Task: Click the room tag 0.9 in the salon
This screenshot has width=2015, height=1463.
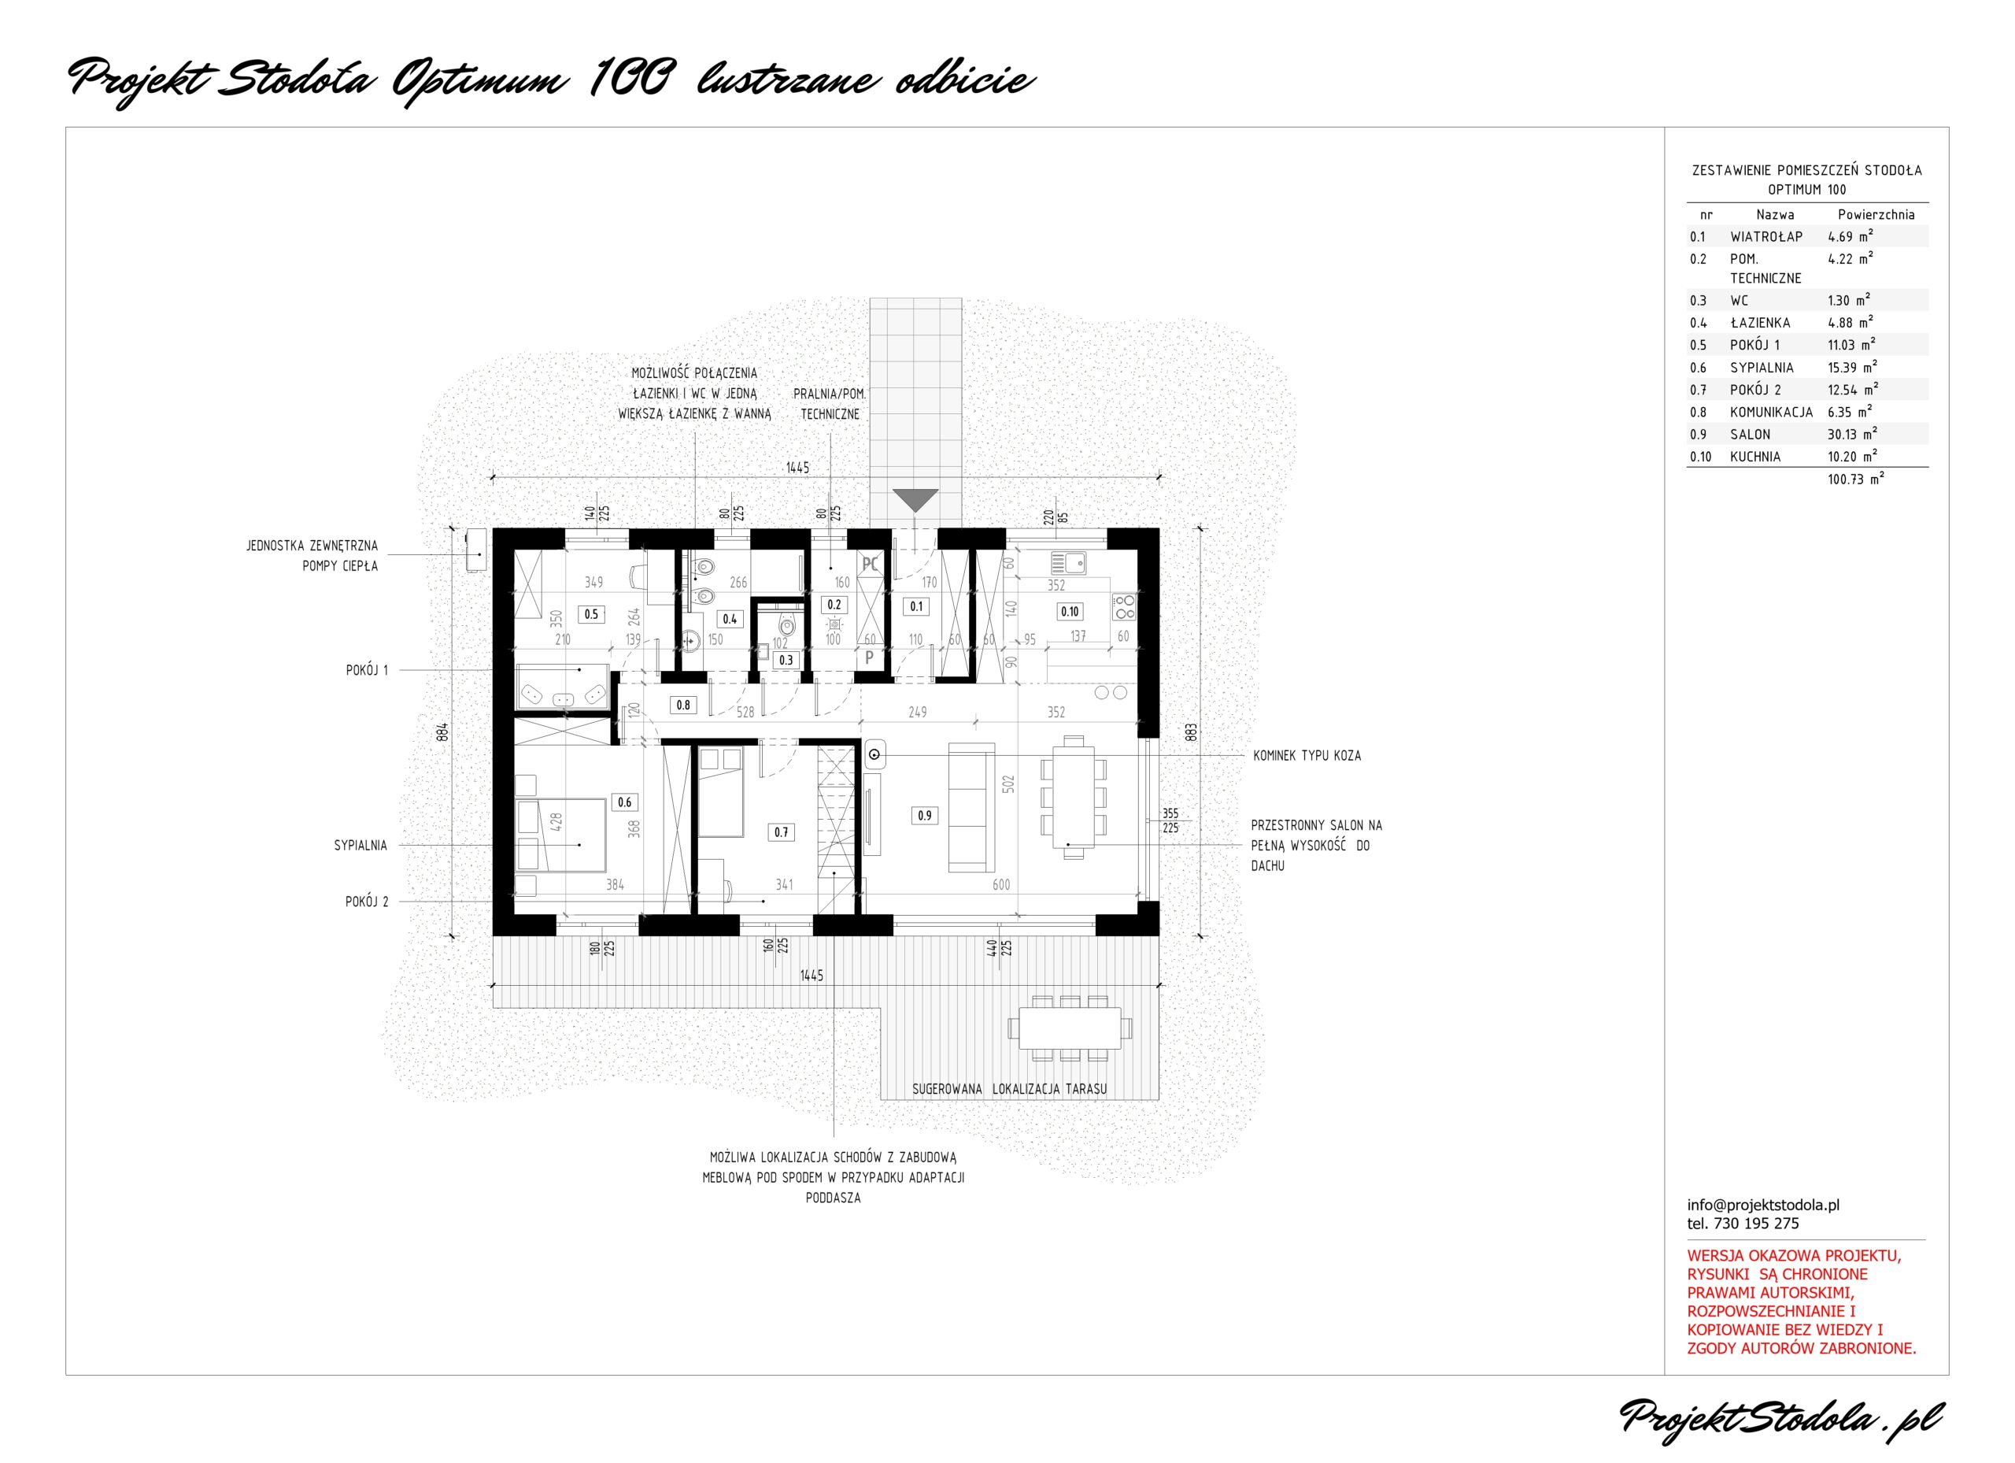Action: [x=925, y=815]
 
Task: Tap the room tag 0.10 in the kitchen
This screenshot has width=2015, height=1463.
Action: [x=1070, y=612]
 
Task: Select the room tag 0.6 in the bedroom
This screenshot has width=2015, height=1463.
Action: [x=625, y=802]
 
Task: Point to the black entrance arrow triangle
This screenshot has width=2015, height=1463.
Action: [x=915, y=499]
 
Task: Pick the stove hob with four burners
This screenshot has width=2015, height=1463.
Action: [x=1124, y=607]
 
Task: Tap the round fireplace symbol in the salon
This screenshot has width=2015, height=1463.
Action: [x=875, y=754]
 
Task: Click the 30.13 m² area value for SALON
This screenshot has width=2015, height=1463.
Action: [x=1852, y=434]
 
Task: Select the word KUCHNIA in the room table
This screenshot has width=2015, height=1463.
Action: [x=1755, y=457]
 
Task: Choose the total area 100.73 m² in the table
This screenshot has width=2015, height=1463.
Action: [x=1856, y=479]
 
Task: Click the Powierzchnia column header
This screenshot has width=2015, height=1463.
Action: [x=1876, y=214]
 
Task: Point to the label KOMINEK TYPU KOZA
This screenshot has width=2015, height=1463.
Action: [x=1307, y=755]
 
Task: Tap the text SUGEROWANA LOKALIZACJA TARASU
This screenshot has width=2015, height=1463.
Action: [x=1009, y=1089]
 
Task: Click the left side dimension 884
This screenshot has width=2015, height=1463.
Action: [x=442, y=731]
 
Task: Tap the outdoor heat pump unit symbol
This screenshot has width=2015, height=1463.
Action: [x=478, y=552]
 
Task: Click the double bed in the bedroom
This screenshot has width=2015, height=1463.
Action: [x=561, y=835]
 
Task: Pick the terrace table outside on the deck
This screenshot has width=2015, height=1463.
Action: [x=1070, y=1028]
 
